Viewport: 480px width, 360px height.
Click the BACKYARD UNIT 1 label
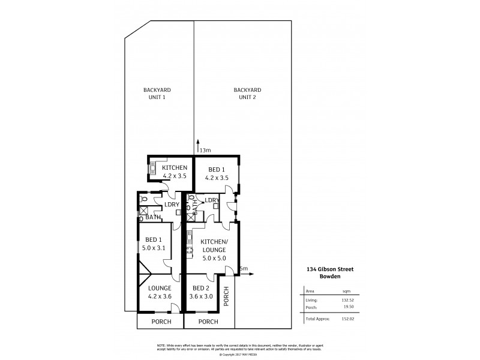coord(154,93)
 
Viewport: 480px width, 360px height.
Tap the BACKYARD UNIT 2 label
coord(247,93)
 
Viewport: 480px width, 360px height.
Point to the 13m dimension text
coord(205,150)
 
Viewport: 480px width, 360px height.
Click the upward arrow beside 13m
coord(197,145)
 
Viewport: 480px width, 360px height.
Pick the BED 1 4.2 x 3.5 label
coord(216,173)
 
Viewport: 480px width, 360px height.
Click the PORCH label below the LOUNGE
coord(160,322)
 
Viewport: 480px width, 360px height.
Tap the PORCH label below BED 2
coord(208,322)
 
